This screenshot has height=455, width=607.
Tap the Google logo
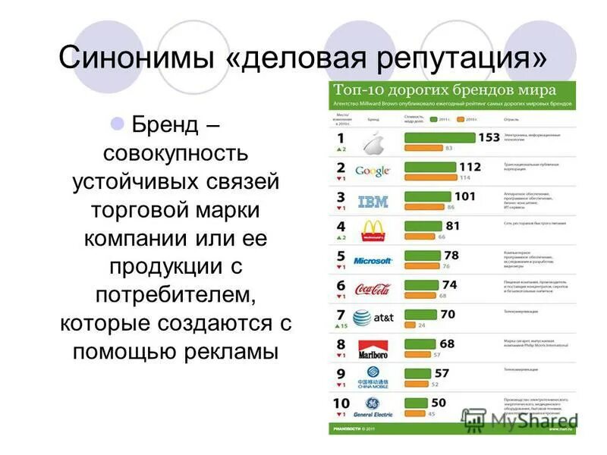(373, 171)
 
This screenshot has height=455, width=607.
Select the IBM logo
(373, 201)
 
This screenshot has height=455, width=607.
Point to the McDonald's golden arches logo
(373, 230)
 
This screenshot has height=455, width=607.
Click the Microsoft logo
(373, 260)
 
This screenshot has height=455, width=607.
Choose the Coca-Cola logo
(373, 289)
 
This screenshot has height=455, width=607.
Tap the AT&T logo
(373, 318)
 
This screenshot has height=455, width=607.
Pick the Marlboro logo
(373, 348)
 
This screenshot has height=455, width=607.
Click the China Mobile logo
(373, 376)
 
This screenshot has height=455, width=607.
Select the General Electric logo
(373, 407)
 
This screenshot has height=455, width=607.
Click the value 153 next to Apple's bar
(488, 137)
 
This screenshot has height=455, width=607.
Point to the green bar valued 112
(430, 167)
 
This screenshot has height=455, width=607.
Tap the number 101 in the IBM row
(464, 196)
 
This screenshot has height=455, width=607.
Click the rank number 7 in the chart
(341, 314)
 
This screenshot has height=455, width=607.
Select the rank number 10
(341, 403)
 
